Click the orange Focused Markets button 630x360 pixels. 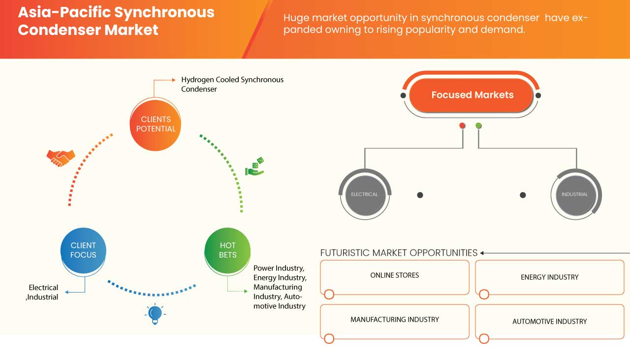pos(472,95)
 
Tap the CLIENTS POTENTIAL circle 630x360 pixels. pos(156,124)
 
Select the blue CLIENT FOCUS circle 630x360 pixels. pos(83,250)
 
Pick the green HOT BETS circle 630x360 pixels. pos(227,250)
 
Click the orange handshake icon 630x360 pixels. pos(61,158)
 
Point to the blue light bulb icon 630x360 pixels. pos(155,313)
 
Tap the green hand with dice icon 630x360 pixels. pos(255,167)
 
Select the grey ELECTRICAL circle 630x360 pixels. pos(364,195)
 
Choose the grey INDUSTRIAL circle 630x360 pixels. pos(574,195)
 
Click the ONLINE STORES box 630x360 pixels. pos(395,277)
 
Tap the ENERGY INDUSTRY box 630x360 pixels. pos(549,277)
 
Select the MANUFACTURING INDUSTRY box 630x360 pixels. pos(395,321)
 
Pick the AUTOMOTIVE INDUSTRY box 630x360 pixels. pos(549,322)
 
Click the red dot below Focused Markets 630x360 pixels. pos(462,126)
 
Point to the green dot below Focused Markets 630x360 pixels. pos(479,126)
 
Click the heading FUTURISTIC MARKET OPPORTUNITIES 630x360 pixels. pos(399,253)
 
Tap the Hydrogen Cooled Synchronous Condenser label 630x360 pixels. pos(232,84)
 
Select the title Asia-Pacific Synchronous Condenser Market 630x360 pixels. pos(116,21)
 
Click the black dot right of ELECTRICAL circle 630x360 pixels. pos(420,195)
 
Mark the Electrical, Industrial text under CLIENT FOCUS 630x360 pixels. pos(43,292)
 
